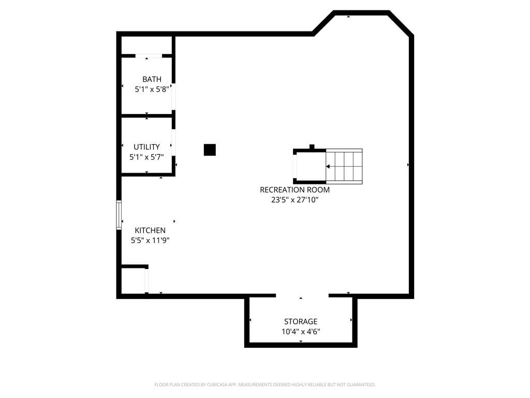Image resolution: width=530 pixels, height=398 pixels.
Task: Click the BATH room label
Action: tap(152, 79)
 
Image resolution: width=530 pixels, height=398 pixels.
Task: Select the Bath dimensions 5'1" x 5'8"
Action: tap(152, 89)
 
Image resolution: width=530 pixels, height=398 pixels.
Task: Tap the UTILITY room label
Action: tap(146, 147)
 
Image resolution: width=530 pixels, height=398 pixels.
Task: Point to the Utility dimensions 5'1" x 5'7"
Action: tap(146, 157)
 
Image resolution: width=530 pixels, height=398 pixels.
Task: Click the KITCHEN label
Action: tap(150, 230)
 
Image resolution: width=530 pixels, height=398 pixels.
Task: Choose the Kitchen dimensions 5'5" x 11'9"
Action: tap(150, 240)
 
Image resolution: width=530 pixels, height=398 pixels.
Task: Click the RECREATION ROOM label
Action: tap(295, 190)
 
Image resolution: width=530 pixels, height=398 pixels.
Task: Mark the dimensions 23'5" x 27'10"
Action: tap(295, 200)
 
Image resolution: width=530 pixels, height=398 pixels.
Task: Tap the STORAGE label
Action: tap(300, 321)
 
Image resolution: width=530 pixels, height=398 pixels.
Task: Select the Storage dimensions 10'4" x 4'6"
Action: tap(300, 332)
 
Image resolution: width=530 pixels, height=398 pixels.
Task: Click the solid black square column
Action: tap(210, 150)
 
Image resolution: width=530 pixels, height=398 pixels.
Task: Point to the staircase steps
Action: tap(344, 166)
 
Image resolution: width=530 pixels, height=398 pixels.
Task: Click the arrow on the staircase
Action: tap(329, 167)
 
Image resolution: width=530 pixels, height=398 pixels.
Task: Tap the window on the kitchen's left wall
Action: tap(119, 215)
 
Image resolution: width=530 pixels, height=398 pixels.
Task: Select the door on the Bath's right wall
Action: tap(173, 96)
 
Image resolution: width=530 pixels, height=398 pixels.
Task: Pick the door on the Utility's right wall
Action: tap(173, 143)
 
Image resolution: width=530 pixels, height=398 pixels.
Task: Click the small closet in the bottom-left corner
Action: tap(134, 281)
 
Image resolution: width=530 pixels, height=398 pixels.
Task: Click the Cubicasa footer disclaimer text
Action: tap(265, 385)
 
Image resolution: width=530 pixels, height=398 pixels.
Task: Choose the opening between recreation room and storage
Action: tap(302, 295)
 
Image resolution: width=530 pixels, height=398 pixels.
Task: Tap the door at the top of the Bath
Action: tap(149, 55)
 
